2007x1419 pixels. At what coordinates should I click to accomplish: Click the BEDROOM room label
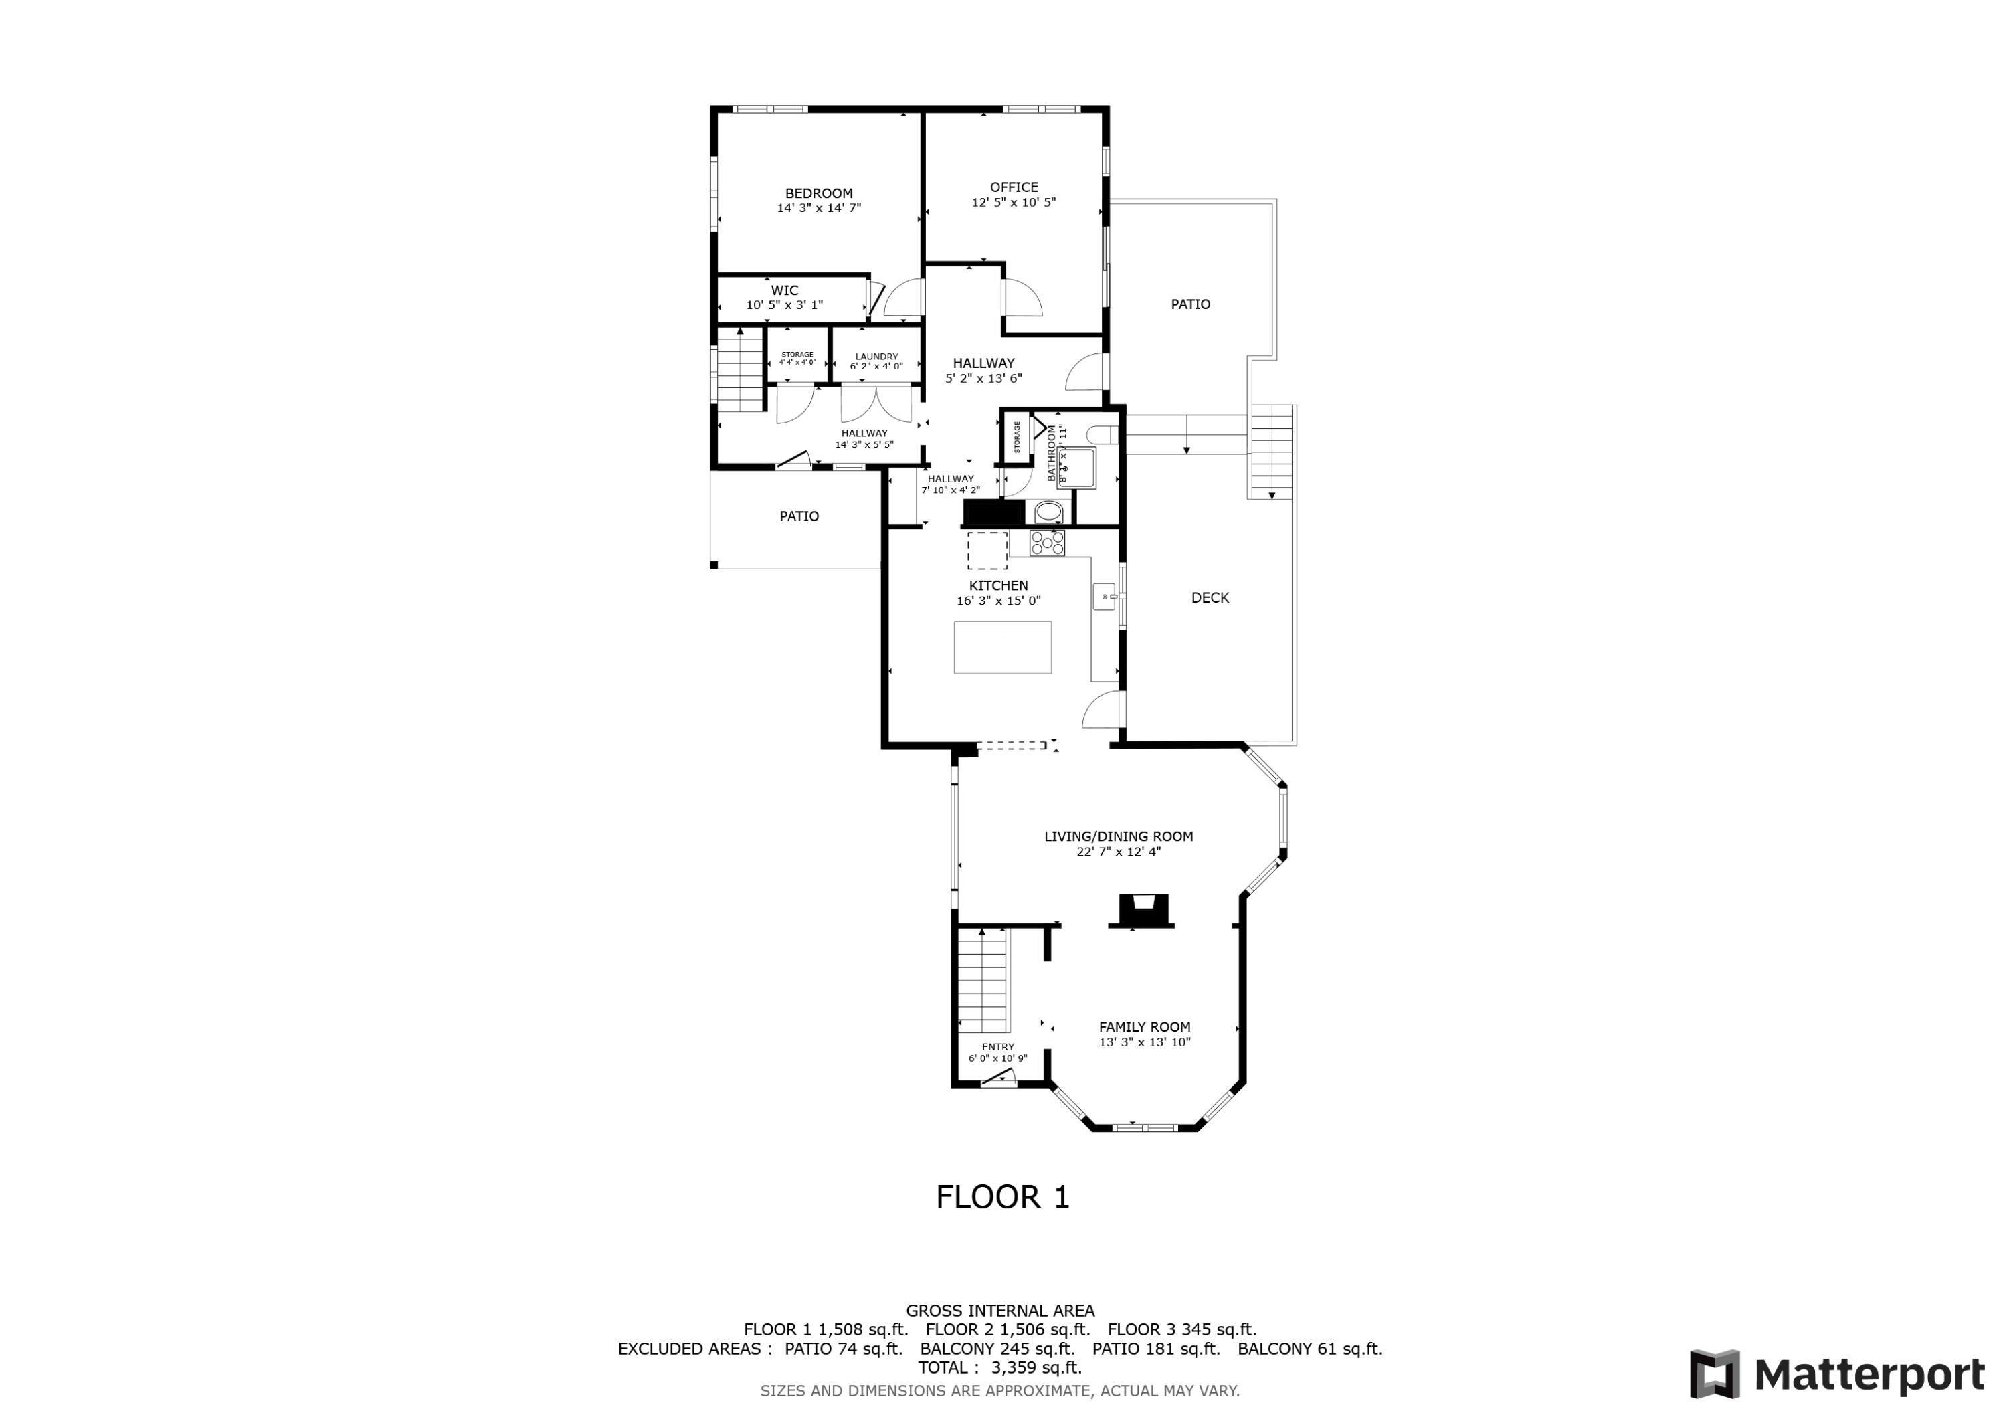pyautogui.click(x=818, y=193)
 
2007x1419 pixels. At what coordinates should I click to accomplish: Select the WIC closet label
pyautogui.click(x=784, y=290)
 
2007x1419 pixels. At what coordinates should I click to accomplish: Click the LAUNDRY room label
pyautogui.click(x=876, y=357)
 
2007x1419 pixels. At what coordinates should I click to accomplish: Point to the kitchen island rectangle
pyautogui.click(x=1001, y=647)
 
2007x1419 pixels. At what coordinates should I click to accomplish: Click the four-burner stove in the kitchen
pyautogui.click(x=1047, y=543)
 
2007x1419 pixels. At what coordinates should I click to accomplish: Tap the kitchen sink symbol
pyautogui.click(x=1104, y=596)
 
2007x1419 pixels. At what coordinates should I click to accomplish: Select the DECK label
pyautogui.click(x=1210, y=598)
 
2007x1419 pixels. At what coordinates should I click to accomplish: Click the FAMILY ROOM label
pyautogui.click(x=1144, y=1028)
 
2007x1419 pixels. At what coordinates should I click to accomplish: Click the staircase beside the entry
pyautogui.click(x=983, y=981)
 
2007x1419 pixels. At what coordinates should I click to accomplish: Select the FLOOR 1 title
pyautogui.click(x=1003, y=1197)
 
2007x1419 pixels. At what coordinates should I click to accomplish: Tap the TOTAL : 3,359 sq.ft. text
pyautogui.click(x=999, y=1367)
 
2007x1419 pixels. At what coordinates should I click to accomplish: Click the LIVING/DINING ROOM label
pyautogui.click(x=1118, y=837)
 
